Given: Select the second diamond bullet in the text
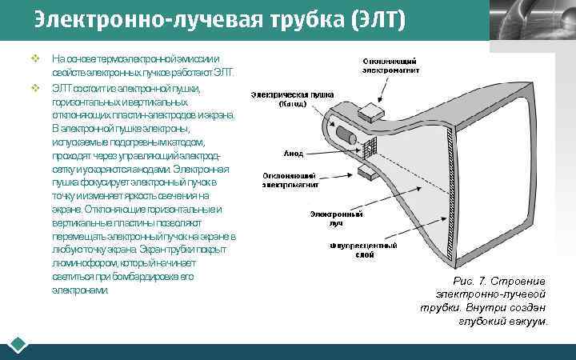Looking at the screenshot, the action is click(x=34, y=86).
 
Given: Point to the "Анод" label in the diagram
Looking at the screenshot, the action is click(x=293, y=153).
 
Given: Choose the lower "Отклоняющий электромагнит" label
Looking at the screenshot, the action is click(x=291, y=179).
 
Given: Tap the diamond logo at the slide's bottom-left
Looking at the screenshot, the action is click(x=18, y=346).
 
